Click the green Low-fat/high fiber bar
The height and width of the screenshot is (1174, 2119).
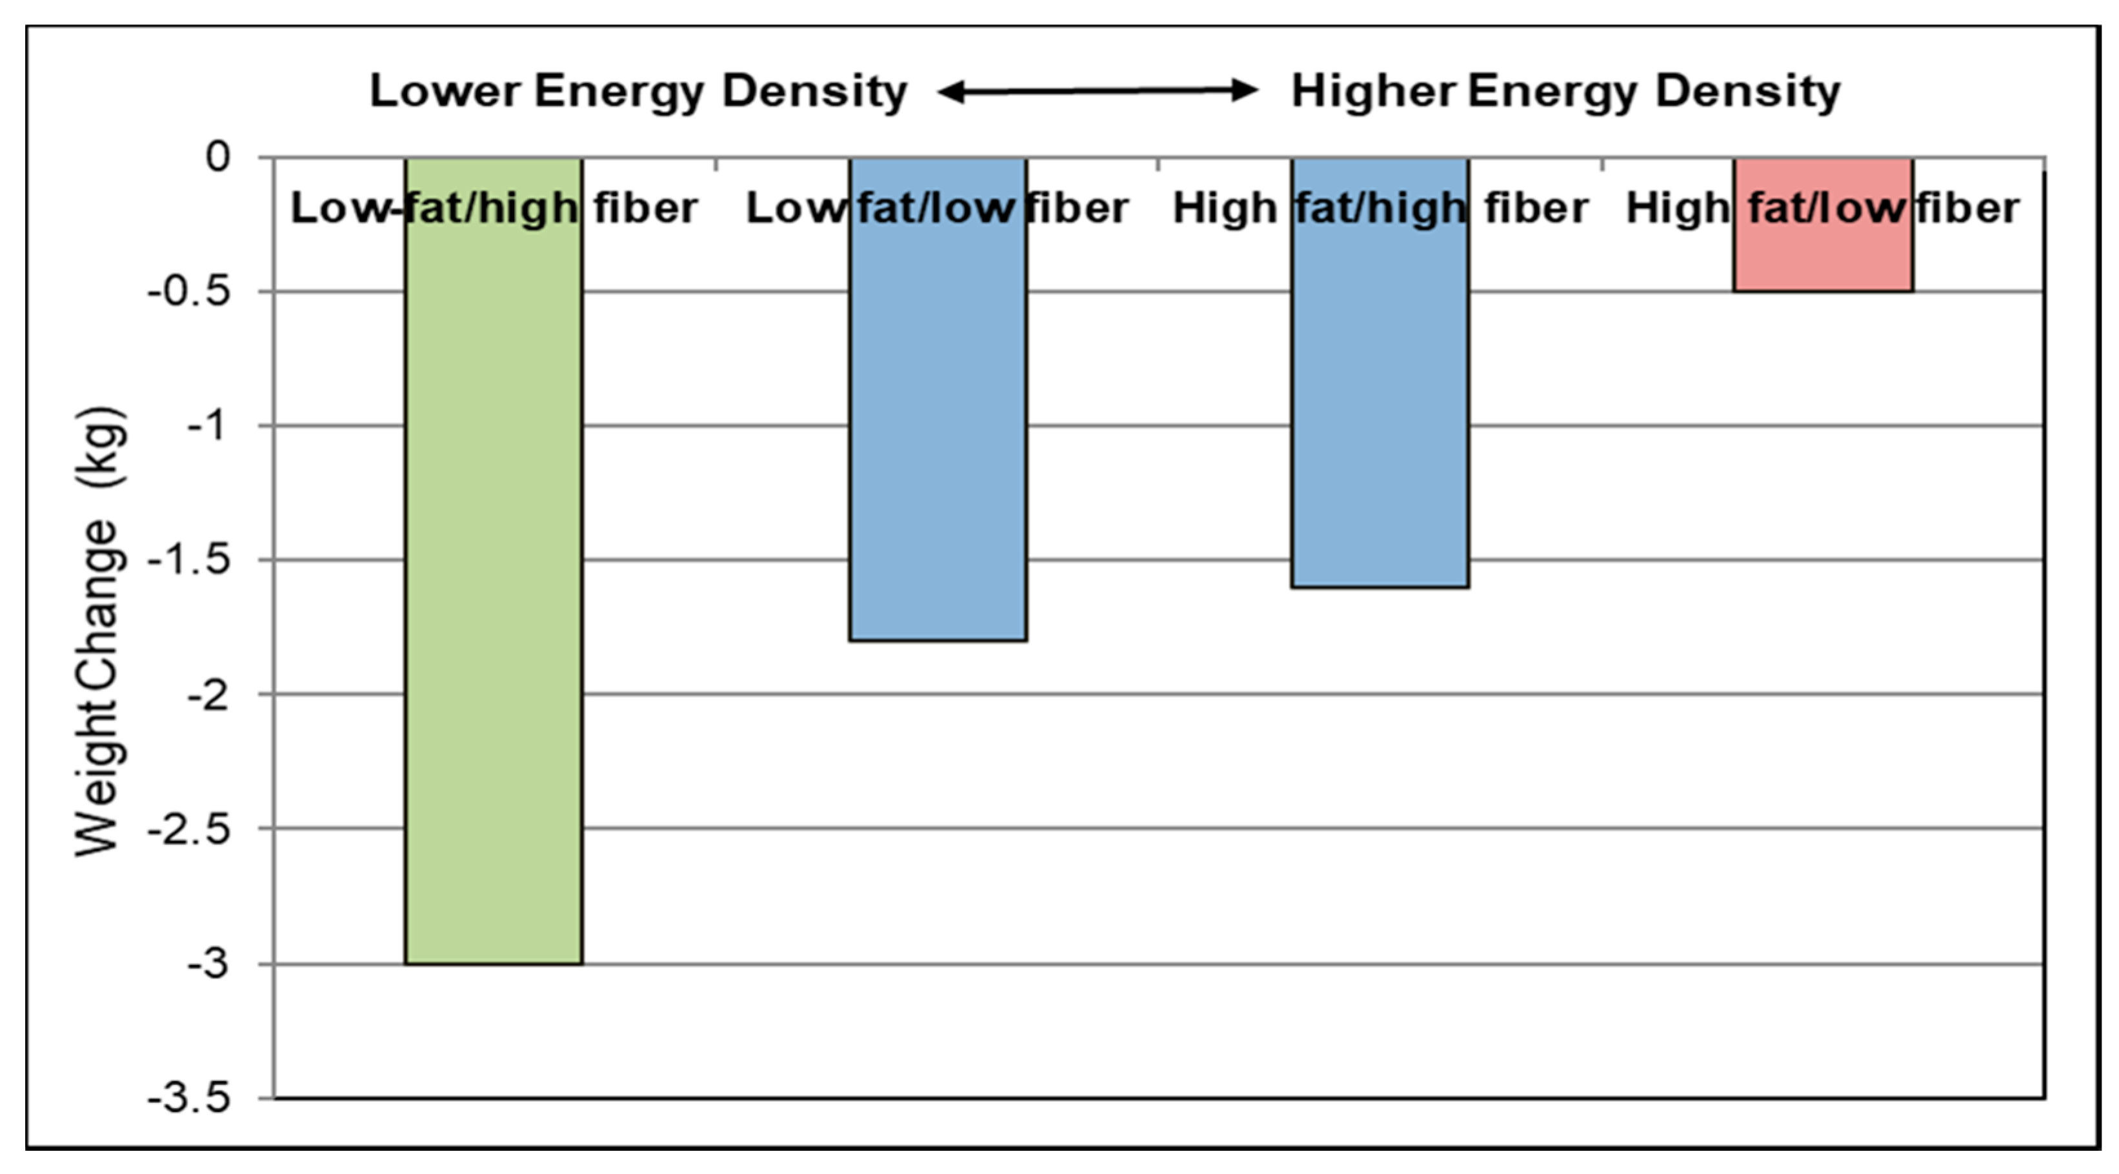click(x=494, y=576)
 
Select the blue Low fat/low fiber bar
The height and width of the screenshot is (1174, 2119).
click(x=938, y=428)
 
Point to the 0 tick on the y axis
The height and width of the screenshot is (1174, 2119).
click(x=218, y=156)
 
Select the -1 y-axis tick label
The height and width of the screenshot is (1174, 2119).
click(x=207, y=425)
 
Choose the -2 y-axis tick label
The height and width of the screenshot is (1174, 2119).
click(x=207, y=694)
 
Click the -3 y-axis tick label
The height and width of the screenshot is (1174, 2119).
click(x=207, y=964)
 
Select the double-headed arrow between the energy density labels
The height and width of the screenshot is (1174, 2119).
click(x=1098, y=90)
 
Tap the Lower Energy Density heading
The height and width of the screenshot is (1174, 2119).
click(x=638, y=90)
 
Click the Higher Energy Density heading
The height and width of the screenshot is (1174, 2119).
click(x=1565, y=90)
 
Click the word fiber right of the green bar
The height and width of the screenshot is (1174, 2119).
click(x=646, y=207)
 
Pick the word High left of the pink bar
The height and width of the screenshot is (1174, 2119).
click(x=1678, y=207)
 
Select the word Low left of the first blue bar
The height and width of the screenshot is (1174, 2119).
click(x=796, y=207)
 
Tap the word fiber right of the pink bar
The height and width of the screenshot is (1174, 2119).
click(x=1967, y=207)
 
